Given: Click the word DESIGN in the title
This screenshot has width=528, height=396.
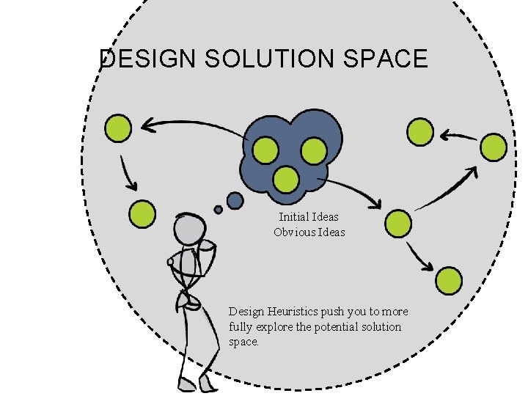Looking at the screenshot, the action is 147,59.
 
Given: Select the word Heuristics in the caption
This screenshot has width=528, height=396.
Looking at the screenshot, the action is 298,312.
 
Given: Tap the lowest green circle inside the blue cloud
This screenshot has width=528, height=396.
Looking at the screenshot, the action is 286,178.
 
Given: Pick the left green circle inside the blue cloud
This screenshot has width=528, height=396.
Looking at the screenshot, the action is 265,151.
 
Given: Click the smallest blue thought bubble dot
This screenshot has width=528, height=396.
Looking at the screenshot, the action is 218,210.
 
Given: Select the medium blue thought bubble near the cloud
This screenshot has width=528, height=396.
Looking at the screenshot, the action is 235,199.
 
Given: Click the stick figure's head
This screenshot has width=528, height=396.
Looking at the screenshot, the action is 189,228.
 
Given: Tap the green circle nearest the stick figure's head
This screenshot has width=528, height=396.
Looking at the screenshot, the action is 142,214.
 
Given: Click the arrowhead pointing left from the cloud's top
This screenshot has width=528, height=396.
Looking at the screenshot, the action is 147,125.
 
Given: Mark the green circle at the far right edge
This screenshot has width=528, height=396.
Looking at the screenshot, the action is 494,147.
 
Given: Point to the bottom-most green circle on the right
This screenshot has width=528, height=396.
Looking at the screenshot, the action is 449,279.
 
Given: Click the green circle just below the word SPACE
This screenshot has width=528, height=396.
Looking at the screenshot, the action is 420,132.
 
